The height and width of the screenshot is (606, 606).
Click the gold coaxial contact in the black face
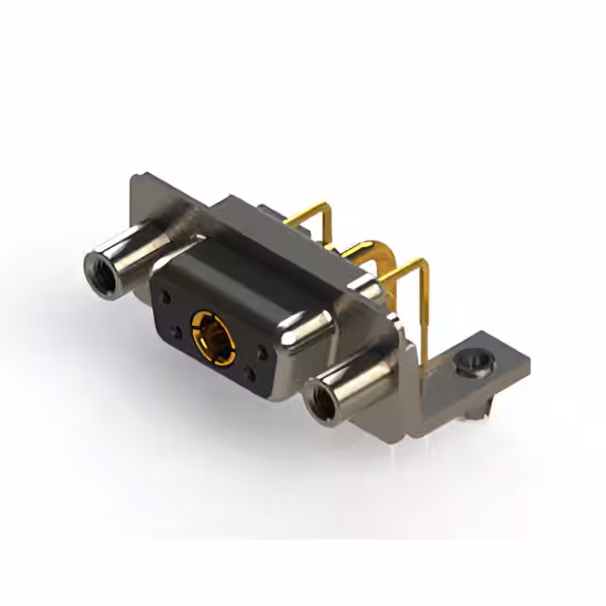tap(211, 331)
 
